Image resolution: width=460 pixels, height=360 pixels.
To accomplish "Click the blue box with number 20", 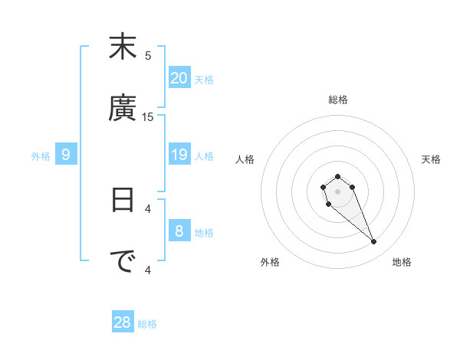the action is pos(179,77).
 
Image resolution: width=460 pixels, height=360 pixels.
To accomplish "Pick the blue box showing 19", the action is pos(179,155).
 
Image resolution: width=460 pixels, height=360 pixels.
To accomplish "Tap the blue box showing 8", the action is pos(179,231).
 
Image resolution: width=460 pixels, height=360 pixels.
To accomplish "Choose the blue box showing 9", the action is pos(66,155).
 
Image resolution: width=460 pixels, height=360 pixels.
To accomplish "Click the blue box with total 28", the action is pos(123,322).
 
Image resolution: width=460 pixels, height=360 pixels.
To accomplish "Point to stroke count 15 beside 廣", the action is pos(148,116).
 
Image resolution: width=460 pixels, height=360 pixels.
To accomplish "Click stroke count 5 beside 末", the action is pos(148,55).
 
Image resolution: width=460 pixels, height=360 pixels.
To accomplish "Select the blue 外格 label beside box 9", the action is pos(41,155).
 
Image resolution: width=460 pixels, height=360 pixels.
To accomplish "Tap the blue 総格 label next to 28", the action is pos(147,324).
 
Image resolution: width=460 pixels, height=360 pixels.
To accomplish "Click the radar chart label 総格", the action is pos(338,100).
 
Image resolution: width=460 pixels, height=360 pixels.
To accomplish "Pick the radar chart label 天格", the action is pos(431,159).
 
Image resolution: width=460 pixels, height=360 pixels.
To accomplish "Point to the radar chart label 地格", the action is pos(402,262).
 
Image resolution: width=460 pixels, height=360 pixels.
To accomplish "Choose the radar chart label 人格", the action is pos(245,159).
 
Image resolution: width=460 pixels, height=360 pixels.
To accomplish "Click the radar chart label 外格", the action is pos(270,262).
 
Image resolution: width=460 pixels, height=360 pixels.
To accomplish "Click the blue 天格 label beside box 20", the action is pos(204,79).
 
